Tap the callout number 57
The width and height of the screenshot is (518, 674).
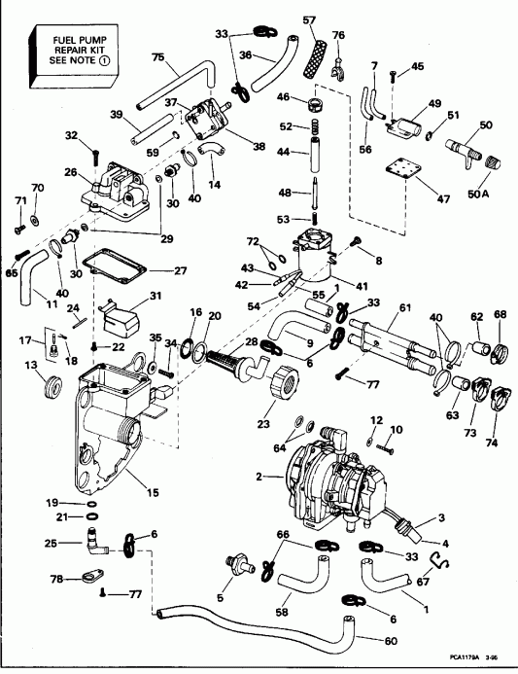pos(310,19)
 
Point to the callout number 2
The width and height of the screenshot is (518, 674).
pos(259,475)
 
